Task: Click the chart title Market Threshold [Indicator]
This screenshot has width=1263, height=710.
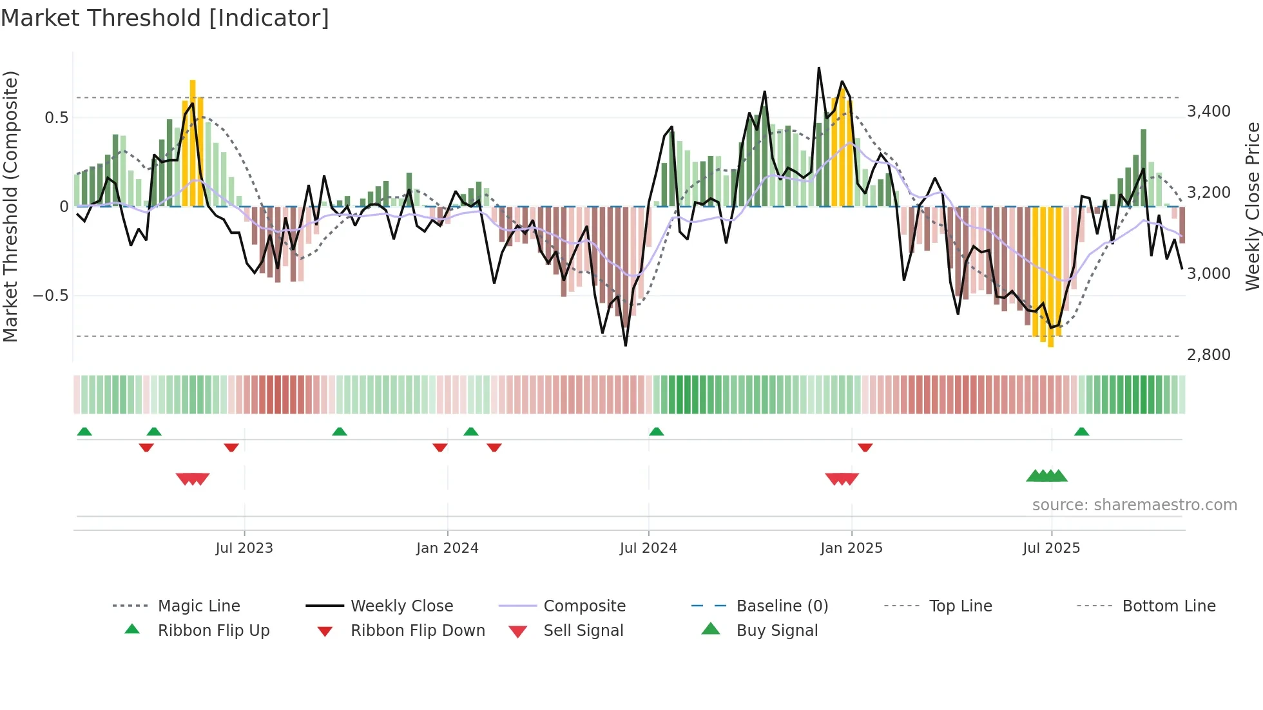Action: point(165,18)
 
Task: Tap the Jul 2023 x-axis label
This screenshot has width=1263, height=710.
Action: point(244,548)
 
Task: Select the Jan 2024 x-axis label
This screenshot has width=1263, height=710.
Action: point(447,548)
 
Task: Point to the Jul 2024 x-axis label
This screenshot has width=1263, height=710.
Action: point(648,548)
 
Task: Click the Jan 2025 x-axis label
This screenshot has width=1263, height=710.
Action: point(851,548)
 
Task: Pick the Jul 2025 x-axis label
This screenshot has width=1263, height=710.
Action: point(1051,548)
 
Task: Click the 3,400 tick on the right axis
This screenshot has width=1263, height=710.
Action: point(1209,111)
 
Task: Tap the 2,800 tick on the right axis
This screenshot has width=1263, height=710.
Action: point(1209,355)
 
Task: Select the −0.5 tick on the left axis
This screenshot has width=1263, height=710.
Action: point(51,296)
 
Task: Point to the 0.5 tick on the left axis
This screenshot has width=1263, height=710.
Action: point(56,118)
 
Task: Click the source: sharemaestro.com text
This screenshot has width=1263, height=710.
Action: point(1134,505)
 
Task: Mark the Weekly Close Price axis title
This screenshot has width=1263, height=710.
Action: point(1252,206)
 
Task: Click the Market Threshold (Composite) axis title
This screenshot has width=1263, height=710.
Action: point(10,206)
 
